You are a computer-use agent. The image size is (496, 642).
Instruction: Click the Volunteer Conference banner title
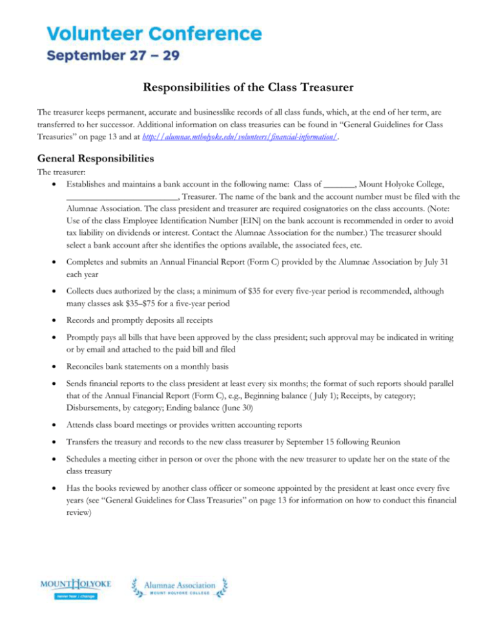pos(154,32)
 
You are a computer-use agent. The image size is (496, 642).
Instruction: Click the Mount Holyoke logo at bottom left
pos(76,588)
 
